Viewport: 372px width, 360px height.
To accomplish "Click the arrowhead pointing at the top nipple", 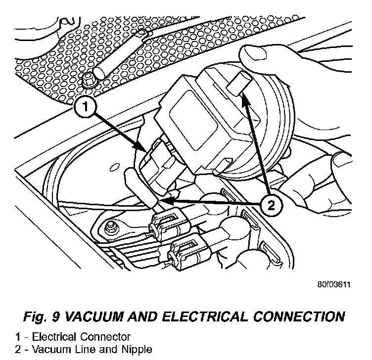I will pyautogui.click(x=244, y=100).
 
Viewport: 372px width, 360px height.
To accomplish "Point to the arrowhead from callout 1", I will pyautogui.click(x=143, y=149).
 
